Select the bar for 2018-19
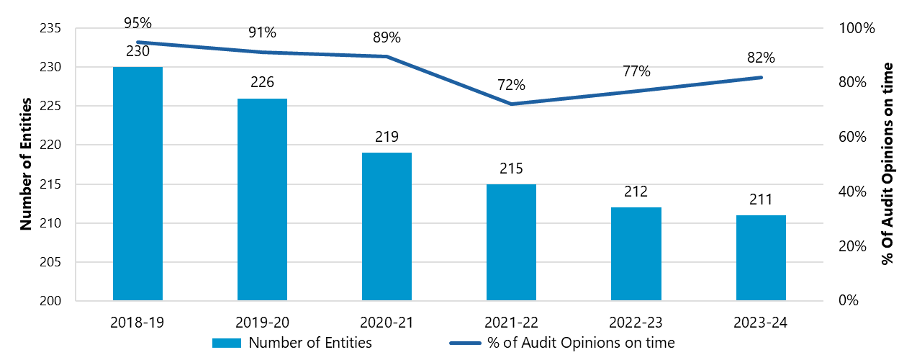[137, 184]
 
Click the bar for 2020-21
[387, 227]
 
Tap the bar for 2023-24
[761, 258]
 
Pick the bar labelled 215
[511, 242]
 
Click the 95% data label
[137, 24]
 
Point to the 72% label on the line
[511, 85]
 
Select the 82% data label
[761, 58]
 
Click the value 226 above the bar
[262, 83]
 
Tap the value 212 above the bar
[636, 192]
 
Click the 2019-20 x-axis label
[262, 322]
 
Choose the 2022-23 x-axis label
[636, 322]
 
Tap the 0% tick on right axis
[850, 301]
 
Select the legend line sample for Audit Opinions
[465, 343]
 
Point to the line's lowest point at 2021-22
[511, 104]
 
